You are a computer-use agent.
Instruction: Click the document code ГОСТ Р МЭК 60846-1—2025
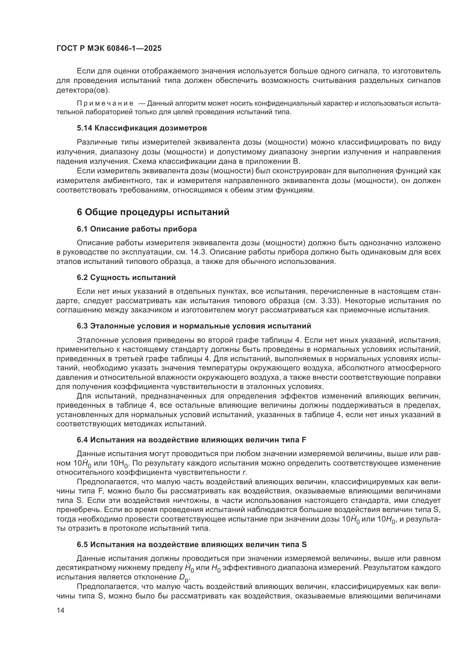pyautogui.click(x=109, y=48)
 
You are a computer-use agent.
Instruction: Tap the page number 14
pyautogui.click(x=60, y=610)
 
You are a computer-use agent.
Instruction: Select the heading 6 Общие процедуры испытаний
pyautogui.click(x=153, y=212)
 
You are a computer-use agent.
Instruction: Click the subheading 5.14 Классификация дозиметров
pyautogui.click(x=142, y=128)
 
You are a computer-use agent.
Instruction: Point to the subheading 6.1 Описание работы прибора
pyautogui.click(x=137, y=229)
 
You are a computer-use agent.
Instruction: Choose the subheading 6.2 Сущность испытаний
pyautogui.click(x=126, y=277)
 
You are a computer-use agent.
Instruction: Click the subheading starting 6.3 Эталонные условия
pyautogui.click(x=194, y=326)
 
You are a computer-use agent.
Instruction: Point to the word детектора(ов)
pyautogui.click(x=83, y=90)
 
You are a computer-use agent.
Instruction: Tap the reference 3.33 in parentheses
pyautogui.click(x=330, y=301)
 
